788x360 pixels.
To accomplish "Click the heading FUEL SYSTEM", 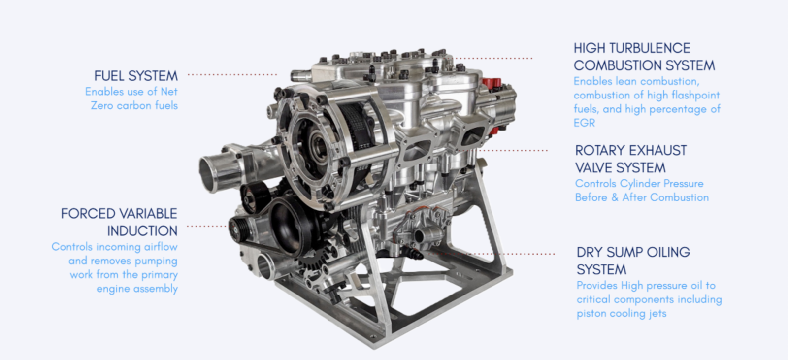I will pos(135,76).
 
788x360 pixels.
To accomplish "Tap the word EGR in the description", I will pos(584,123).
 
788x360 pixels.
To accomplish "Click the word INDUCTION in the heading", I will pos(142,230).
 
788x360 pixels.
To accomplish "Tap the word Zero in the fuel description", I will pos(102,105).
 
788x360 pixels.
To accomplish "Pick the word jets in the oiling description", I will pos(657,313).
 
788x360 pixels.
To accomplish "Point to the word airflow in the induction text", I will pos(161,247).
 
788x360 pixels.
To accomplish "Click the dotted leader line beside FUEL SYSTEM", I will pos(232,75).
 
